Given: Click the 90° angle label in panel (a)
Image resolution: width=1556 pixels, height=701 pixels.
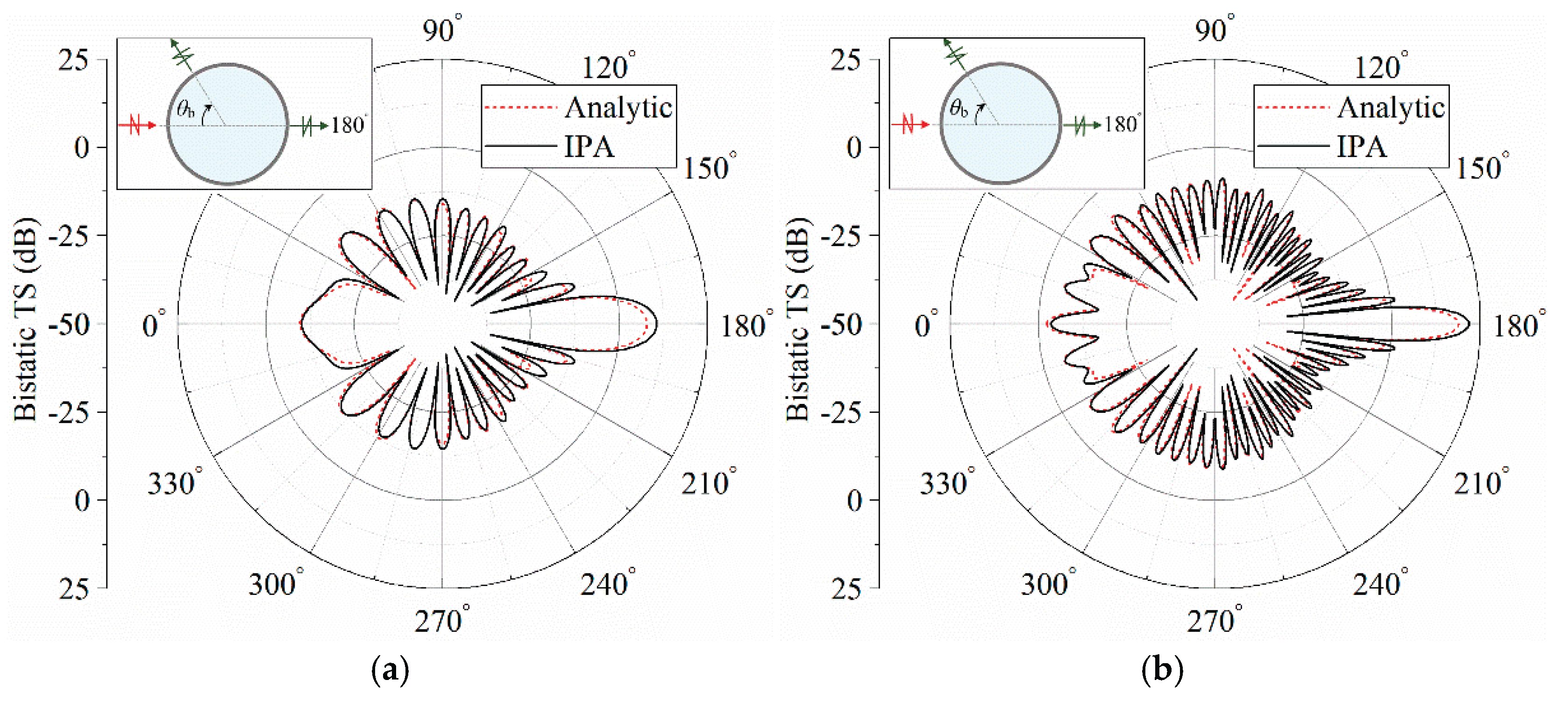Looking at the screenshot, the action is tap(442, 28).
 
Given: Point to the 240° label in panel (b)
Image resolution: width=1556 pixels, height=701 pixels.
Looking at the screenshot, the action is tap(1380, 583).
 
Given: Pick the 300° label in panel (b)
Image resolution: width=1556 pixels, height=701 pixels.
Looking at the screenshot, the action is tap(1049, 583).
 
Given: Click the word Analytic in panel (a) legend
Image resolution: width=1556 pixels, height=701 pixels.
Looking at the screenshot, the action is tap(618, 107).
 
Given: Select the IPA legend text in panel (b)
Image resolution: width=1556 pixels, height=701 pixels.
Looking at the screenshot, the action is tap(1362, 146).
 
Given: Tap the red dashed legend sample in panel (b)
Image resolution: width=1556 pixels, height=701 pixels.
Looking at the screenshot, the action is tap(1293, 107).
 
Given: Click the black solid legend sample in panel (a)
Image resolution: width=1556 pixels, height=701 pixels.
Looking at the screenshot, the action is tap(520, 146).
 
